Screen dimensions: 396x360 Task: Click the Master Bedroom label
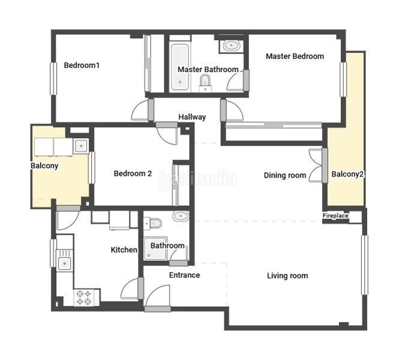(x=295, y=56)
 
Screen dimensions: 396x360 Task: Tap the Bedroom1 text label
(x=82, y=65)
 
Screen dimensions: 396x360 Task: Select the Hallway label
(x=192, y=117)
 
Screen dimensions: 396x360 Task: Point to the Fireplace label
(x=335, y=216)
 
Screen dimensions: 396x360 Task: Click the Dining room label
(x=285, y=175)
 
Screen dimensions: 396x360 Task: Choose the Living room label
(x=287, y=275)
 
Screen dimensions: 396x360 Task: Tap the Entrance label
(x=184, y=275)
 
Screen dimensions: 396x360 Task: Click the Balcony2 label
(x=347, y=174)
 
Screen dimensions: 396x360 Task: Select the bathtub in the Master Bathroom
(x=180, y=67)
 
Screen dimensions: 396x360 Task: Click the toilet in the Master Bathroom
(x=205, y=83)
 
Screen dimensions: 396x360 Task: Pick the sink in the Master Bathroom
(x=231, y=46)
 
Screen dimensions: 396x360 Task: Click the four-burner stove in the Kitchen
(x=84, y=298)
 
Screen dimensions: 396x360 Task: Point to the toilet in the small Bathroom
(x=152, y=223)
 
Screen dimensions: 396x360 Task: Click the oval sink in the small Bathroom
(x=181, y=216)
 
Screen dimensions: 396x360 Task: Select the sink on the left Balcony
(x=81, y=146)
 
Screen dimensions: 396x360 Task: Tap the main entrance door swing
(x=158, y=297)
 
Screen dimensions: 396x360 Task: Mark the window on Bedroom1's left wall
(x=53, y=79)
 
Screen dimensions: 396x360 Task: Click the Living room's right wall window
(x=364, y=265)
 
